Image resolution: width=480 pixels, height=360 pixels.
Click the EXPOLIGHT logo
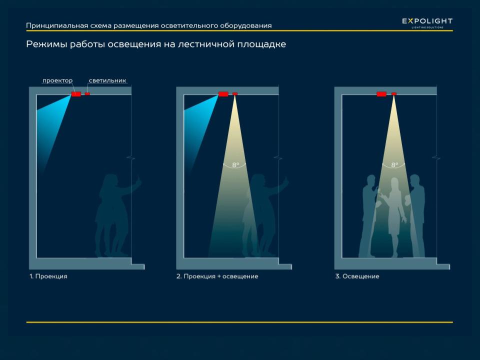coord(427,22)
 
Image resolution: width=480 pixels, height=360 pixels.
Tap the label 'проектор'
coord(57,80)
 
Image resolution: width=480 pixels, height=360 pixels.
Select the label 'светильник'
coord(107,80)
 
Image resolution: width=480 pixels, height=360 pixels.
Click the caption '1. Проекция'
coord(48,276)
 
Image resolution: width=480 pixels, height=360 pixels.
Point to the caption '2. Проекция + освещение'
coord(217,276)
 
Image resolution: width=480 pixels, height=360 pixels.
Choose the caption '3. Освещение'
coord(357,276)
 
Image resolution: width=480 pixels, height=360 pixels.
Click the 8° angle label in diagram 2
coord(235,164)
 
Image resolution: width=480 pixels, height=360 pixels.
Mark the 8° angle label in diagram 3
coord(394,164)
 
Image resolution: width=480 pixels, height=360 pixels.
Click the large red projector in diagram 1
coord(76,94)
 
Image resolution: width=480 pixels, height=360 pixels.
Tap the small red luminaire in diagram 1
coord(87,93)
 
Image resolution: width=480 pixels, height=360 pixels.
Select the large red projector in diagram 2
coord(223,94)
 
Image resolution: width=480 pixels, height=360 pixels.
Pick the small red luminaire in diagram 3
coord(394,93)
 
